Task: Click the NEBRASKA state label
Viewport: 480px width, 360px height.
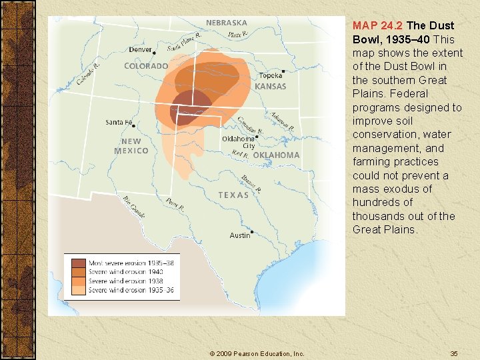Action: click(x=226, y=23)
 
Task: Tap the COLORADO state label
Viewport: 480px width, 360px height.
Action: click(x=146, y=66)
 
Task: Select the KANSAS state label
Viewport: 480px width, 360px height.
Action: click(x=270, y=87)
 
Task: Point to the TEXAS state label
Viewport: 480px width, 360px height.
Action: click(x=233, y=195)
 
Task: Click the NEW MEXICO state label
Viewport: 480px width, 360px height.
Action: click(x=131, y=146)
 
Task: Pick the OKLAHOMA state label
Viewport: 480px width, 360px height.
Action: click(x=276, y=155)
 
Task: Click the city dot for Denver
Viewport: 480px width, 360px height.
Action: click(x=155, y=51)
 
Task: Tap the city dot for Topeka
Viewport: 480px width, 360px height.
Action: click(x=283, y=71)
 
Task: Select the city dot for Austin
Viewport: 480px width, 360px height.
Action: click(x=253, y=231)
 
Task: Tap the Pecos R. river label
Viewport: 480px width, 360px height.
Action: click(x=175, y=204)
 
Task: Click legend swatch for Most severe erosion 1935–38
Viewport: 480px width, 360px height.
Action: click(x=79, y=263)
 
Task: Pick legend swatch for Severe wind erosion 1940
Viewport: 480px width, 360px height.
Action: click(x=79, y=272)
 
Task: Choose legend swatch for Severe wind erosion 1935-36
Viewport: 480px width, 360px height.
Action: click(x=79, y=290)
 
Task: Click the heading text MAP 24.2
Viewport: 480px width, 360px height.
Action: click(x=377, y=25)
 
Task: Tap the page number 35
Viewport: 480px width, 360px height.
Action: click(x=453, y=353)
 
